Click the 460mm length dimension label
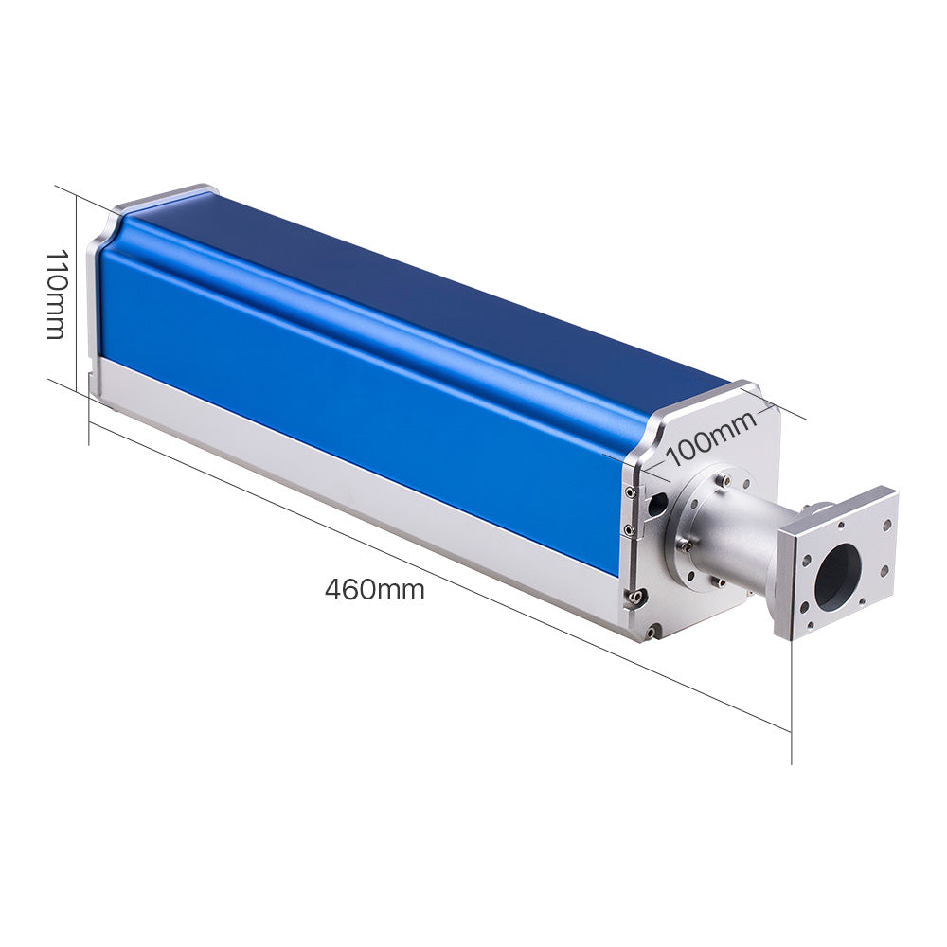pos(374,590)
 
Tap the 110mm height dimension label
pos(56,294)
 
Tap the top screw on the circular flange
pos(724,481)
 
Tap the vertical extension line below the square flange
pos(792,701)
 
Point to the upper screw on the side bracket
pos(630,491)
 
